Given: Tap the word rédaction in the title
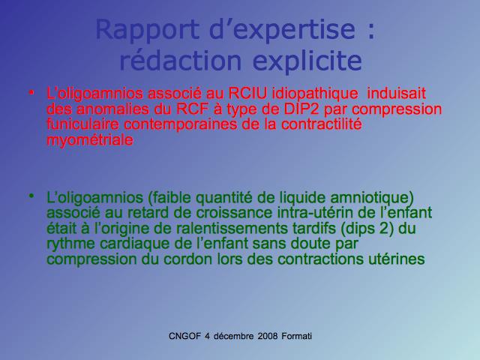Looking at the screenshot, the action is (x=181, y=60).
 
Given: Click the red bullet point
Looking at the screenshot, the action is (x=31, y=91).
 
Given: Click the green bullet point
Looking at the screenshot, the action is (x=31, y=196).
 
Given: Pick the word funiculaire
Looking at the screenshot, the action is (x=82, y=124).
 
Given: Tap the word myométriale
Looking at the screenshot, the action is (x=90, y=140).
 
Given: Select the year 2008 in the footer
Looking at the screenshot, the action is (x=268, y=336).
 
